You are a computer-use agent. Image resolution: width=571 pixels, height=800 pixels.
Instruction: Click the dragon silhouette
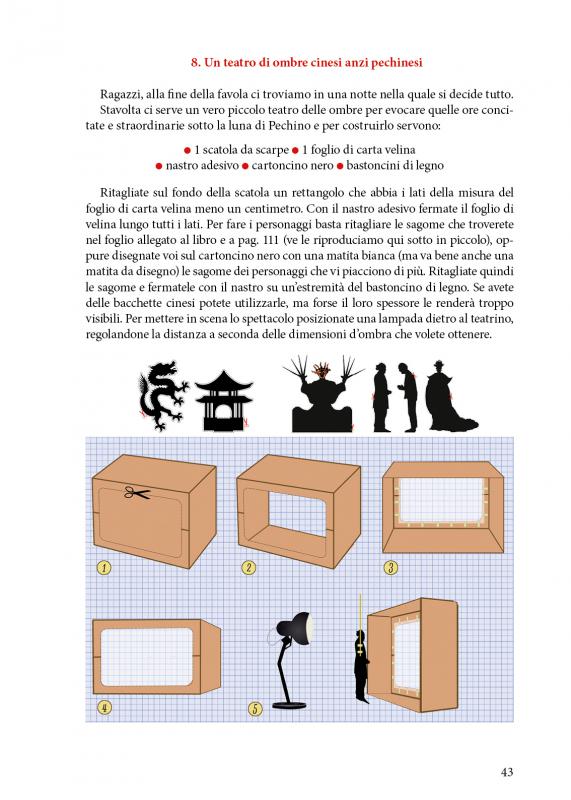coord(160,394)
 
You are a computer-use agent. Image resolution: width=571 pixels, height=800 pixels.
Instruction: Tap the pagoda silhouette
coord(221,400)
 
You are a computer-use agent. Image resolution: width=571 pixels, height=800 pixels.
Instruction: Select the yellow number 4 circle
coord(104,708)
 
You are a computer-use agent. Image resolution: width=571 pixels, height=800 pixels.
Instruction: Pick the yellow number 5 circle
coord(255,709)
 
